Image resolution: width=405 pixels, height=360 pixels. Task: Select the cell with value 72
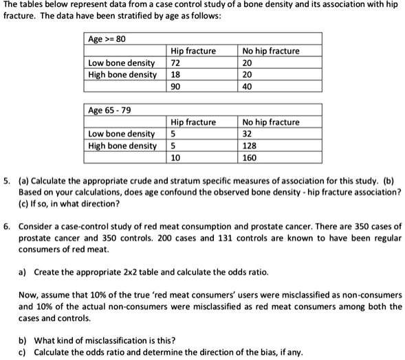click(x=175, y=63)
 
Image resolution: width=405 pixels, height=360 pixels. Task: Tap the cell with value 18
click(x=175, y=74)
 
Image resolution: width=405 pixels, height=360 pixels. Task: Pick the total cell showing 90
click(x=175, y=86)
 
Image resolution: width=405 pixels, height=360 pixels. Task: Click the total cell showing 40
click(x=248, y=86)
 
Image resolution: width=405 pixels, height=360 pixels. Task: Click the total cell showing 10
click(x=175, y=157)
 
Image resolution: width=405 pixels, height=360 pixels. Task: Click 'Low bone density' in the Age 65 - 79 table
click(x=121, y=134)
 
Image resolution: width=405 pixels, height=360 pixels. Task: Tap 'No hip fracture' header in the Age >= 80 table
click(x=271, y=51)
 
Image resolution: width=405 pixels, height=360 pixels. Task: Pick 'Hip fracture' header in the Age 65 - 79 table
click(x=194, y=122)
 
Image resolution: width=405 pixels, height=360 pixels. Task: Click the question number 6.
click(x=6, y=226)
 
